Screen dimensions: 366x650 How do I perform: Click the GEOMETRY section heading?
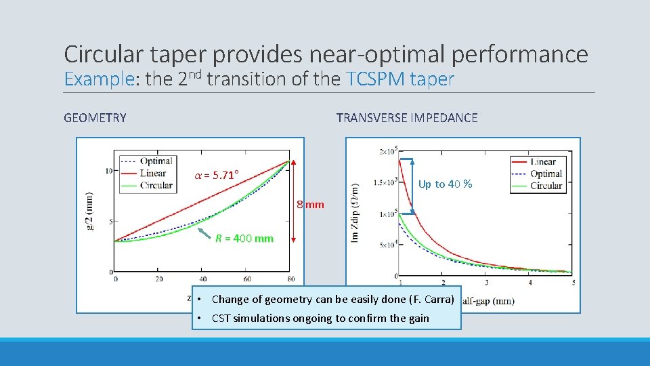pos(95,118)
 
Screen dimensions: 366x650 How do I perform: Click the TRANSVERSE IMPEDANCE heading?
pos(406,118)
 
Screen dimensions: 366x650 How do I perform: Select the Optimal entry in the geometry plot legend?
pos(156,161)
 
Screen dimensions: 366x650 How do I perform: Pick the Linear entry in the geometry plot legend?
pos(153,173)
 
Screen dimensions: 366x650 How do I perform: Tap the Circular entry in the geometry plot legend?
pos(156,184)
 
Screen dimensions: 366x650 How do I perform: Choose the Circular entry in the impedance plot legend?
pos(546,186)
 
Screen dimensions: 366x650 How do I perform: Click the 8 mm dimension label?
pos(311,205)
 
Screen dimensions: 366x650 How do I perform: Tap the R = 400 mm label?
pos(244,239)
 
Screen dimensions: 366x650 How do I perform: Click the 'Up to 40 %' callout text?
pos(445,184)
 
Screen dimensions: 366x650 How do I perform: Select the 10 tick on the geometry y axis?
pos(108,171)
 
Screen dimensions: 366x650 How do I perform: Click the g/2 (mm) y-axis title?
pos(89,211)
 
